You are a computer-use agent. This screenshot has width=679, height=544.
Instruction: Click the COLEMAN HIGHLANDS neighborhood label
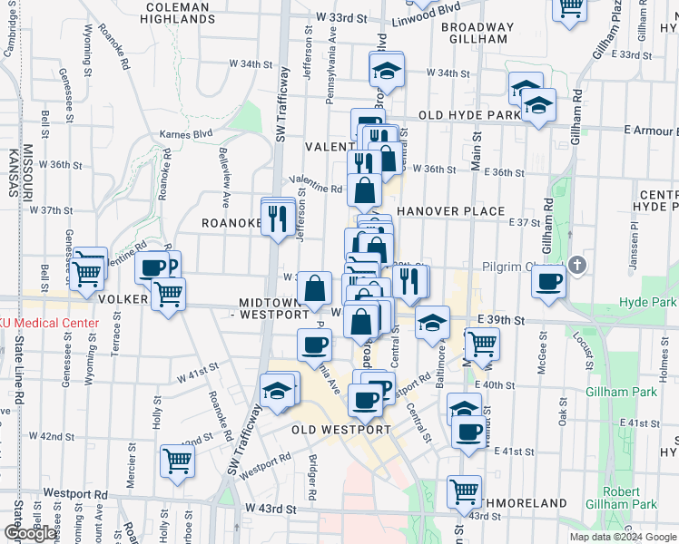pos(178,12)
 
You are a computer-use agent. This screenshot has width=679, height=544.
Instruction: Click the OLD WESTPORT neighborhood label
pos(341,429)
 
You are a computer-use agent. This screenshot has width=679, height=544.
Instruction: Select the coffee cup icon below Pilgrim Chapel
pos(549,283)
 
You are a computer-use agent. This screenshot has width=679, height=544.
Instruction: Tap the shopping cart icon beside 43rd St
pos(465,492)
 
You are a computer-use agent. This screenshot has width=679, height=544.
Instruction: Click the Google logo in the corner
pos(30,533)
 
